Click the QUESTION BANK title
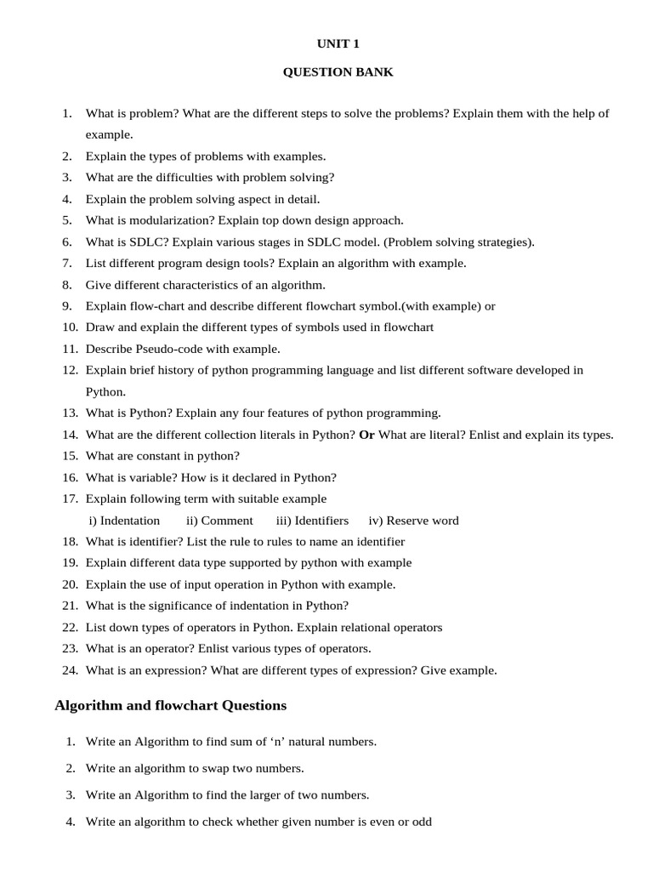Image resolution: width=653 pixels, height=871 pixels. [338, 72]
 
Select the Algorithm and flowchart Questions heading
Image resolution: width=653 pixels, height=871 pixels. [170, 705]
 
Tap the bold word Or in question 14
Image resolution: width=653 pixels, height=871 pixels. [366, 435]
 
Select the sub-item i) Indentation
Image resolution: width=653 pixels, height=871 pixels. [124, 521]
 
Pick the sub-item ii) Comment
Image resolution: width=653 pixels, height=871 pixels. [219, 521]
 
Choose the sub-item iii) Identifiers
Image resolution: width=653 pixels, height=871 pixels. [312, 521]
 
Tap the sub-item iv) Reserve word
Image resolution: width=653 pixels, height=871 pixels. [413, 521]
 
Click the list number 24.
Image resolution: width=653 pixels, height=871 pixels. [70, 670]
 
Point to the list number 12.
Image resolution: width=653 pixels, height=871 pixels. [70, 370]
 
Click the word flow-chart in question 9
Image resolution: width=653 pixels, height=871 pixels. [156, 306]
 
